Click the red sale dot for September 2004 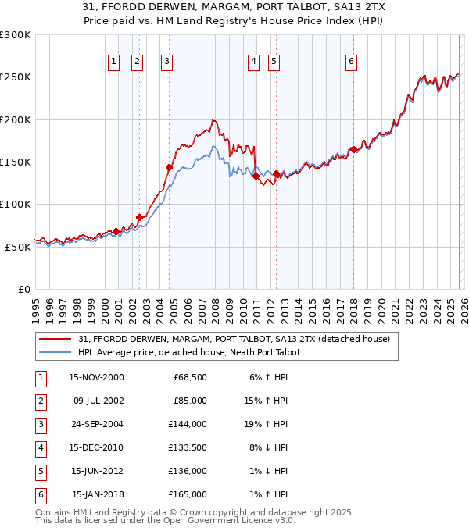169,167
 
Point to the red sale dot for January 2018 353,149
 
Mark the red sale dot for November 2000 116,231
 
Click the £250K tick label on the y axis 16,77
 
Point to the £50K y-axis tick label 18,247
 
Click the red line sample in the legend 55,339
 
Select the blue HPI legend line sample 55,352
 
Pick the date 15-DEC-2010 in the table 97,447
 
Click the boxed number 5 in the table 40,471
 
